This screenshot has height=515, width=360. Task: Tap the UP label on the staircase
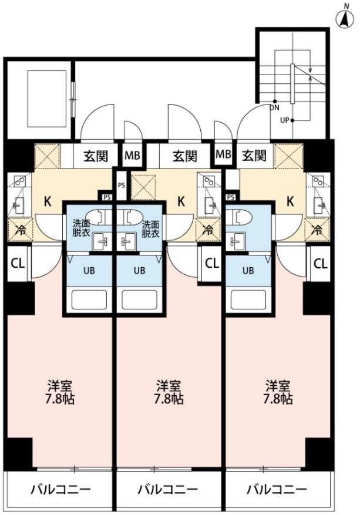pos(284,120)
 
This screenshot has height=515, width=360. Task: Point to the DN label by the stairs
pos(274,107)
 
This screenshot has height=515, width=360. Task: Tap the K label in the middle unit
pos(181,201)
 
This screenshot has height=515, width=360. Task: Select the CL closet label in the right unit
pos(320,263)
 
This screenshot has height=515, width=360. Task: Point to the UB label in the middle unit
pos(139,271)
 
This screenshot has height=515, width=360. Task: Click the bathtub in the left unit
pos(89,299)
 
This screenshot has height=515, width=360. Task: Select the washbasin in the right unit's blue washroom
pos(238,241)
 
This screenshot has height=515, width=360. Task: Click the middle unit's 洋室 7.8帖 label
pos(169,393)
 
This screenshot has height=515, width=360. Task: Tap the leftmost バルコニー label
pos(59,489)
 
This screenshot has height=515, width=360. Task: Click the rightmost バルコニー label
pos(277,489)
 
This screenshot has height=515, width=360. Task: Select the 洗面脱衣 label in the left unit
pos(81,228)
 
